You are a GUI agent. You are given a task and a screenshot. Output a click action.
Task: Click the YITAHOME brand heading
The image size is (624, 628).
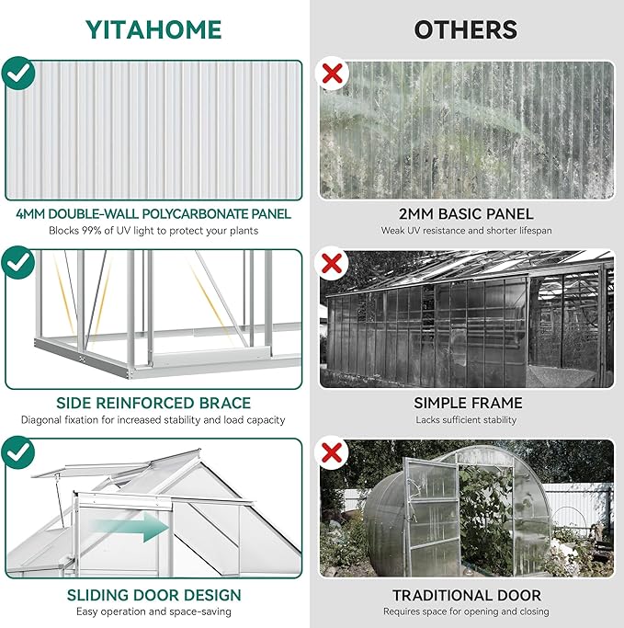tap(153, 29)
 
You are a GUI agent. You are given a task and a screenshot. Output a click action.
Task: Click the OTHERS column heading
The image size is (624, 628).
tap(467, 29)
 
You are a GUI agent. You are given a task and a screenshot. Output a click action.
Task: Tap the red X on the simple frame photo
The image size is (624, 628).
tap(331, 265)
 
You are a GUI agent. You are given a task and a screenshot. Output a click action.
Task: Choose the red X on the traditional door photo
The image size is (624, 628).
tap(331, 453)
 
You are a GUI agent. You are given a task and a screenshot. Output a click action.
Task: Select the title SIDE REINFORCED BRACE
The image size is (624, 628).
tap(153, 403)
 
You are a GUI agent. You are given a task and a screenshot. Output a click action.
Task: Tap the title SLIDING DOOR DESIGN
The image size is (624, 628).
tap(153, 595)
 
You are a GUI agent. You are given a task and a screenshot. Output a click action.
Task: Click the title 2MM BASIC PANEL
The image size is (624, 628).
tap(467, 214)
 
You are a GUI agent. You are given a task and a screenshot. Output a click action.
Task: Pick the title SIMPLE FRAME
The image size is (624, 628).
tap(467, 403)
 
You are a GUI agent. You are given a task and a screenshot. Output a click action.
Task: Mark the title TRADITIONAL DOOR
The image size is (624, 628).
tap(467, 595)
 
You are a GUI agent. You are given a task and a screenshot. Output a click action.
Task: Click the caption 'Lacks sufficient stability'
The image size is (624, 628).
tap(467, 420)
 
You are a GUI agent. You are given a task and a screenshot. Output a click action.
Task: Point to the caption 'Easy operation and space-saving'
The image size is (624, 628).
tap(153, 611)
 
